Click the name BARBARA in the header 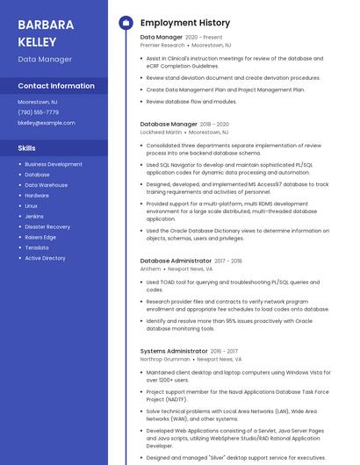(x=46, y=25)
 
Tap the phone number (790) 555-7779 (x=39, y=112)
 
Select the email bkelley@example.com (x=47, y=123)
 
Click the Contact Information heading (x=56, y=86)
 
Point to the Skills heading (x=27, y=148)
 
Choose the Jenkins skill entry (x=34, y=216)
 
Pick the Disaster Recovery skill (x=47, y=226)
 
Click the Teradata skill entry (x=37, y=247)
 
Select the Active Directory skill (x=45, y=258)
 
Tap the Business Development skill (x=54, y=164)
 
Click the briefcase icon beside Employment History (x=126, y=22)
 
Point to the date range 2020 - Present (x=204, y=38)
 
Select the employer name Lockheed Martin (x=161, y=132)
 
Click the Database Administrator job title (x=176, y=261)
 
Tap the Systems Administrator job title (x=173, y=351)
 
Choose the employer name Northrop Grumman (x=165, y=359)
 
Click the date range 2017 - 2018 (x=228, y=261)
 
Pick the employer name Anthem (x=151, y=269)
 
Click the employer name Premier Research (x=162, y=45)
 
